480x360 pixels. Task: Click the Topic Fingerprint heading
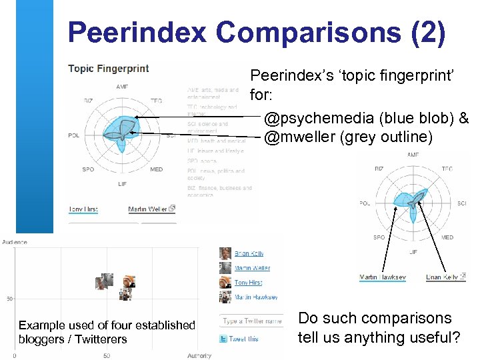tap(109, 68)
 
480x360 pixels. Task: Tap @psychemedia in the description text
tap(319, 119)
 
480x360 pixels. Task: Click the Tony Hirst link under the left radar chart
tap(83, 209)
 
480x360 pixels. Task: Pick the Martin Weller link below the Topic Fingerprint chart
tap(148, 209)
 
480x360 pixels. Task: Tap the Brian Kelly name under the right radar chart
tap(442, 277)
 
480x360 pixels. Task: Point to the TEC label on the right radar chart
tap(447, 169)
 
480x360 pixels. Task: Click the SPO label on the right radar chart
tap(379, 237)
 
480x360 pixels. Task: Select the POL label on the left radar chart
tap(74, 135)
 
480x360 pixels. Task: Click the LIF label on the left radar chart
tap(123, 183)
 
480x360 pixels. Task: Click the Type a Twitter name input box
tap(251, 321)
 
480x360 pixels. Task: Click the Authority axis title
tap(199, 356)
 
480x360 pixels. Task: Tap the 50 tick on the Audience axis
tap(9, 299)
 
